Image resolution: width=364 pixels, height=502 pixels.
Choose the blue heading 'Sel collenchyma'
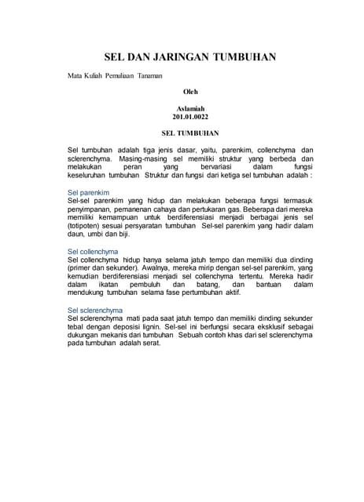click(93, 251)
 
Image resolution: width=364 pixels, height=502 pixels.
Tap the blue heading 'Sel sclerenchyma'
click(95, 311)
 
